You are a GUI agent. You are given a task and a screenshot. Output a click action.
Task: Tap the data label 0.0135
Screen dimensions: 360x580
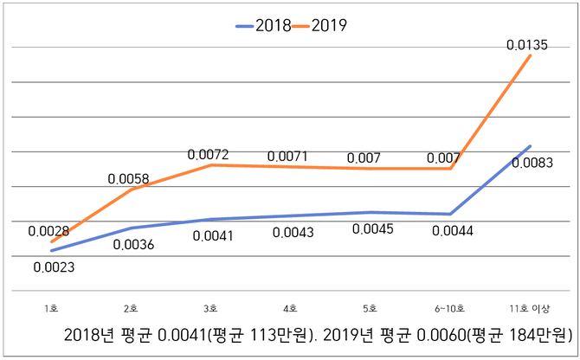[x=525, y=44]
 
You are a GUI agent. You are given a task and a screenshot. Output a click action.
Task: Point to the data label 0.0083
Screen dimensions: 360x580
[x=532, y=162]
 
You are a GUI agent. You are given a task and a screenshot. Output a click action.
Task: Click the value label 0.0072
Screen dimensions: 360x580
[x=208, y=155]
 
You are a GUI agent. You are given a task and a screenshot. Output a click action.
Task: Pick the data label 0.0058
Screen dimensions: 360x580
[x=128, y=179]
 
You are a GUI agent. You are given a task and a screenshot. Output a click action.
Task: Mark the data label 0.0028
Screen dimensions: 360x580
[x=48, y=231]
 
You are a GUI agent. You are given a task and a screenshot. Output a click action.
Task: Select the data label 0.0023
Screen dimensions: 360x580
[x=54, y=267]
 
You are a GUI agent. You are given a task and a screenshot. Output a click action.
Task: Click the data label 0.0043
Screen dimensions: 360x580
[x=293, y=234]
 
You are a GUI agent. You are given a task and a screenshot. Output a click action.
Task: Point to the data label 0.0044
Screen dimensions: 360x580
[x=451, y=230]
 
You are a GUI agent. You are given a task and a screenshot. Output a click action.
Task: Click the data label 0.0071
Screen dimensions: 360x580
[x=288, y=157]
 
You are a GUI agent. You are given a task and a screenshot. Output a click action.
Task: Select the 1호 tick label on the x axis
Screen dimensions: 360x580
[x=51, y=307]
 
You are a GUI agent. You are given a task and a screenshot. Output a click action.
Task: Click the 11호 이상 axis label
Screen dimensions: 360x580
[x=529, y=307]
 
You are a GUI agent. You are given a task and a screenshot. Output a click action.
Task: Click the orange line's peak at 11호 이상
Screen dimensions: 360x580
[x=529, y=55]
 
